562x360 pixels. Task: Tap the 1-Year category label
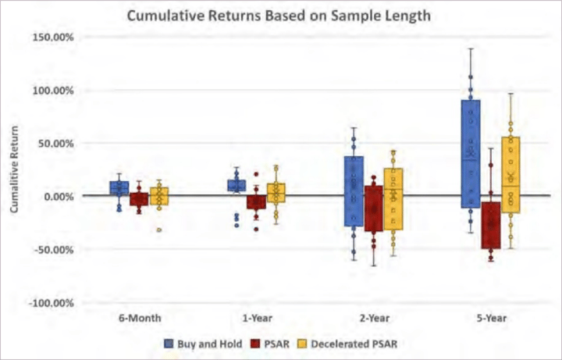tap(254, 319)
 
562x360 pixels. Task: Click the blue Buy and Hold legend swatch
tap(168, 343)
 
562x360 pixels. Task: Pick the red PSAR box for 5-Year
tap(491, 225)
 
